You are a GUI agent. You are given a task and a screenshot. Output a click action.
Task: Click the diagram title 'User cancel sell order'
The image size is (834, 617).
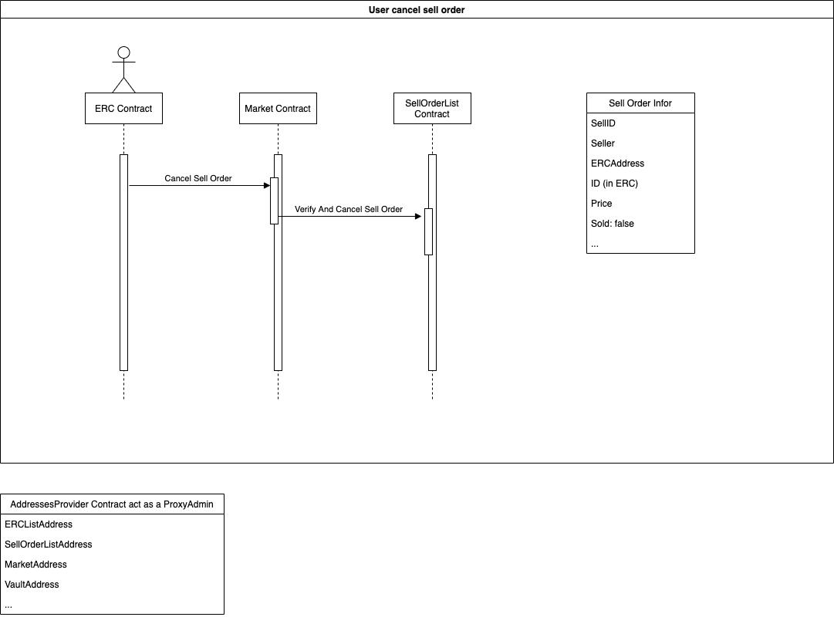pos(417,9)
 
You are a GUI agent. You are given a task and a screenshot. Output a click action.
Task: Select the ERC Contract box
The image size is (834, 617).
pos(123,109)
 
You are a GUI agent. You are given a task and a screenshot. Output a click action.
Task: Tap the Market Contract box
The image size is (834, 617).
pos(278,109)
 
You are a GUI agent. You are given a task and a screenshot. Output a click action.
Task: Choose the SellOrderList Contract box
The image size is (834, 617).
pos(432,109)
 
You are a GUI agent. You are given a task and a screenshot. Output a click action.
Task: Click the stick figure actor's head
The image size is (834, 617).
pos(123,53)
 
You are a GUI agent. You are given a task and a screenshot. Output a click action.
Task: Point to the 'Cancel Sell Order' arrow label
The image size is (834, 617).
pos(198,178)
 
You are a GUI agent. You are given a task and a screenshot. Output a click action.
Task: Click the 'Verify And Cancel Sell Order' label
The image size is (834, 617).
pos(349,209)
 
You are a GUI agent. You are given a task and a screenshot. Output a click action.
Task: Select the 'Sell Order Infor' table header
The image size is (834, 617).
pos(640,103)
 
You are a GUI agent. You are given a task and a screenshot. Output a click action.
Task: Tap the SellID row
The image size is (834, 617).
pos(603,123)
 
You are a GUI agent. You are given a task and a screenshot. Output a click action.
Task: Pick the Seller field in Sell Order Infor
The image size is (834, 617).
pos(603,143)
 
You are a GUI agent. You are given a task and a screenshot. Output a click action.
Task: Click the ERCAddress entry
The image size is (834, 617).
pos(617,164)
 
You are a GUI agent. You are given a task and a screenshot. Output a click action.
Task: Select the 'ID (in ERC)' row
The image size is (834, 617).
pos(614,184)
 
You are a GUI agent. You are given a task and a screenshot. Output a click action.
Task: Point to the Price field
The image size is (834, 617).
pos(602,204)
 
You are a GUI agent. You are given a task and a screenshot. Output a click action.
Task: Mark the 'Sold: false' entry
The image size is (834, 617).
pos(613,224)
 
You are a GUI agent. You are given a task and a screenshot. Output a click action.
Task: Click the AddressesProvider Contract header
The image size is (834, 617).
pos(112,504)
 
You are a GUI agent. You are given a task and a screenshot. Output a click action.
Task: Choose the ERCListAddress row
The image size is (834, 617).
pos(39,524)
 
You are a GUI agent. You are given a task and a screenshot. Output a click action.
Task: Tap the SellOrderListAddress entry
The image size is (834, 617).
pos(49,545)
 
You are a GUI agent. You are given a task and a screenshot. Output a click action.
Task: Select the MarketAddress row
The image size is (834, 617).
pos(35,565)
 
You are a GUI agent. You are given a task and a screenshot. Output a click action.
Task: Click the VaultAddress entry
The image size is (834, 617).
pos(32,585)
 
